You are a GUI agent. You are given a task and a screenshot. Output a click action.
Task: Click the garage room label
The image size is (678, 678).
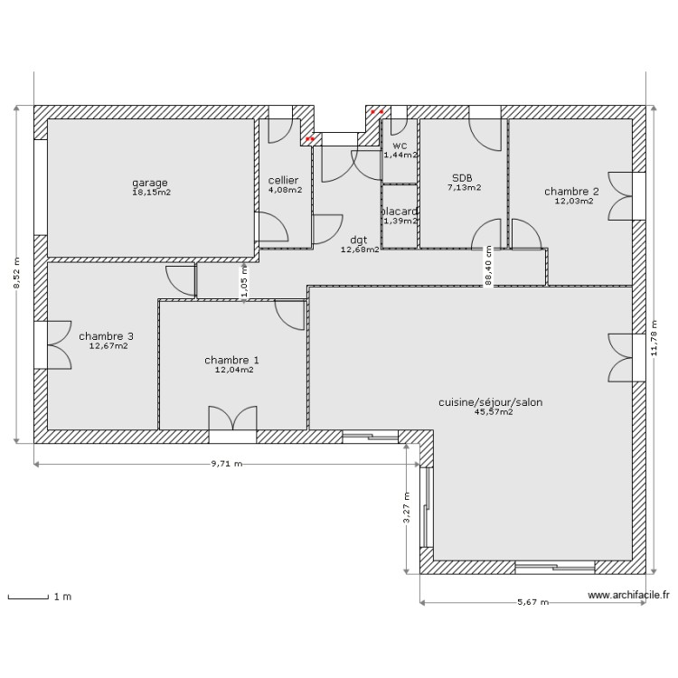(x=149, y=183)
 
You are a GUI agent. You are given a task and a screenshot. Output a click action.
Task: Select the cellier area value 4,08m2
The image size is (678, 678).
(x=284, y=191)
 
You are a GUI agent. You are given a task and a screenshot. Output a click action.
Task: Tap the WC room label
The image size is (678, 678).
(x=400, y=146)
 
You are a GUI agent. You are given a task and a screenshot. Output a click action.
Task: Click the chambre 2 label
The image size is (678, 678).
(x=571, y=192)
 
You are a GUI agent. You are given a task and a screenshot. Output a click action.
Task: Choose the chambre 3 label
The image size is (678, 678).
(x=107, y=336)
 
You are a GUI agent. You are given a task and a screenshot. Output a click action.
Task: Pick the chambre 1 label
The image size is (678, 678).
(x=232, y=360)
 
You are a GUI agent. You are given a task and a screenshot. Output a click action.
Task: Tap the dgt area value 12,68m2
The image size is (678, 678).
(x=360, y=250)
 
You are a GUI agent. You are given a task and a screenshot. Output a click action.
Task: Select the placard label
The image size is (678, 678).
(x=399, y=212)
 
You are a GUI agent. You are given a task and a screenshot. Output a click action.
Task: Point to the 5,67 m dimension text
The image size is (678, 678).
(x=532, y=602)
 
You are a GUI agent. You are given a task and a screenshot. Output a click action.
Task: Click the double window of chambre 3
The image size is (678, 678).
(x=52, y=344)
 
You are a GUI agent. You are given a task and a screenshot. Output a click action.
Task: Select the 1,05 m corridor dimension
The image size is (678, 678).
(x=243, y=282)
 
